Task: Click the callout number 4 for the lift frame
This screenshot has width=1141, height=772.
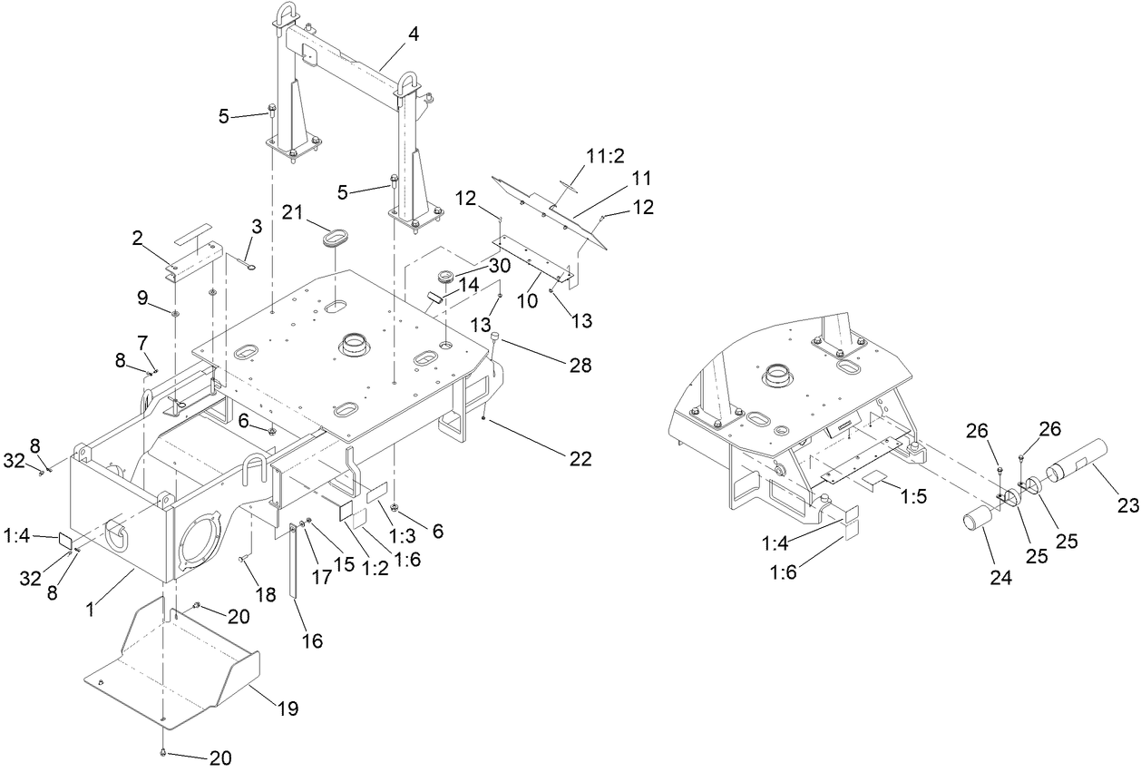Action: (414, 37)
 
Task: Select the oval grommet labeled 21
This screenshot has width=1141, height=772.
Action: (333, 241)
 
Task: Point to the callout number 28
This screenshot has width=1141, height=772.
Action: (580, 366)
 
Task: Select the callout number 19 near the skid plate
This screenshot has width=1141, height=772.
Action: (288, 709)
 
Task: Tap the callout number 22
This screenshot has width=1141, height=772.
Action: (580, 460)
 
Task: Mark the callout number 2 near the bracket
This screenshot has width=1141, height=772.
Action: (138, 239)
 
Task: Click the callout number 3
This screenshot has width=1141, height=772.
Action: (257, 227)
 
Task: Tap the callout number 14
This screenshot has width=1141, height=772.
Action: (468, 284)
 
